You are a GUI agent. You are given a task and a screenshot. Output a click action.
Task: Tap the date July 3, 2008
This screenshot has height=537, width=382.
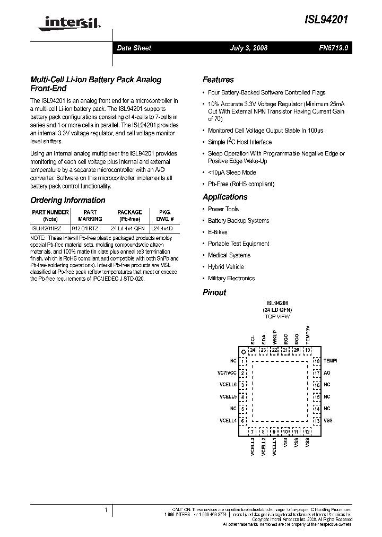[249, 48]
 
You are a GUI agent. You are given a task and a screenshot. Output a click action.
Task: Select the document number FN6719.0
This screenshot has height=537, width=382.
[334, 48]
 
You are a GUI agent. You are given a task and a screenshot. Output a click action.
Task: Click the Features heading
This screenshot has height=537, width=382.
[218, 80]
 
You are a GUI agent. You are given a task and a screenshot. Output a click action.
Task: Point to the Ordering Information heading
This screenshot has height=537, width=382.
[68, 201]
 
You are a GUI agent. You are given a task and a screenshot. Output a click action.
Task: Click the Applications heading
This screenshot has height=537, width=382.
[225, 197]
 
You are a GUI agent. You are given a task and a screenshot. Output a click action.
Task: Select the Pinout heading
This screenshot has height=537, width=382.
[214, 292]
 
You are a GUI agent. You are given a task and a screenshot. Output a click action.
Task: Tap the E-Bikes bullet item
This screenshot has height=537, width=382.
[219, 232]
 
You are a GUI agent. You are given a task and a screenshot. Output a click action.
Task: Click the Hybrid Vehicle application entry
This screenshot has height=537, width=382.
[226, 267]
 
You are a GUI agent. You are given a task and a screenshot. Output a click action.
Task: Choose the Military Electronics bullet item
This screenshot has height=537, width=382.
[231, 278]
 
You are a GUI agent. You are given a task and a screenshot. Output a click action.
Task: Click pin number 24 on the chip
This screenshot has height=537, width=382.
[253, 350]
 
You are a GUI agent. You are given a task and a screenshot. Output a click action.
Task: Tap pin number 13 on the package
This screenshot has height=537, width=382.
[317, 421]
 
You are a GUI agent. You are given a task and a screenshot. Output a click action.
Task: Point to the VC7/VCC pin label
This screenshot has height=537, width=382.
[227, 373]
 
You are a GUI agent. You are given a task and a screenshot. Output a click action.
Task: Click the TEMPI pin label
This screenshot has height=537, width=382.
[330, 361]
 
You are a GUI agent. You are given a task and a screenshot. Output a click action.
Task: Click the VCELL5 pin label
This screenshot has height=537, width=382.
[228, 397]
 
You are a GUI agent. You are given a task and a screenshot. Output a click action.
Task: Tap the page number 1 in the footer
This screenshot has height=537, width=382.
[107, 510]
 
